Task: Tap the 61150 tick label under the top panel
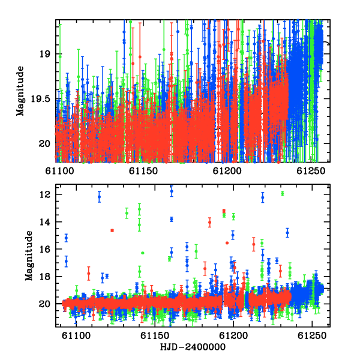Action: (x=143, y=171)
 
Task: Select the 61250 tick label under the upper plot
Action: (x=311, y=171)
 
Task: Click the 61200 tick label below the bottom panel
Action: (x=233, y=335)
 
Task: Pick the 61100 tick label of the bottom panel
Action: (x=76, y=335)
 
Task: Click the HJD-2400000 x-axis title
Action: (x=193, y=347)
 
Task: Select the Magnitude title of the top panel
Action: (x=20, y=91)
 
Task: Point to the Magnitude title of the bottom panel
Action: (x=29, y=256)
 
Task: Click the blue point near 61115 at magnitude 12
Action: (x=99, y=197)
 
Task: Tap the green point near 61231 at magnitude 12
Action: (x=283, y=194)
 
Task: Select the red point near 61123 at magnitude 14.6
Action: (x=112, y=230)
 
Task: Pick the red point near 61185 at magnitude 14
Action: (x=209, y=222)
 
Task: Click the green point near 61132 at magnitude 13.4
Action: (x=127, y=213)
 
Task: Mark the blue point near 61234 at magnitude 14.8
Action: (x=287, y=233)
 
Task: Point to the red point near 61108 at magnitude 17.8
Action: (x=89, y=274)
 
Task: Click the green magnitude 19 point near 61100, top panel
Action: (x=60, y=56)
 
